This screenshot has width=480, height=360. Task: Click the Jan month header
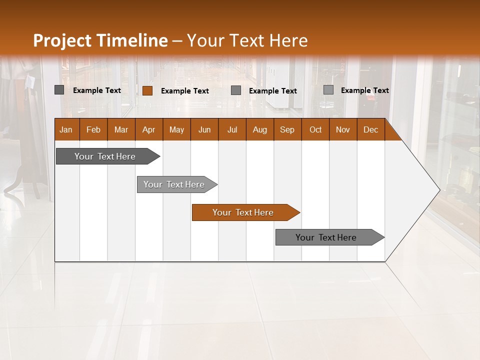click(x=66, y=129)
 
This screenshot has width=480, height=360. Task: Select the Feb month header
click(x=93, y=129)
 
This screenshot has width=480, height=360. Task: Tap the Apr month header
click(x=148, y=129)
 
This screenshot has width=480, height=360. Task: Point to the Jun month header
click(x=204, y=129)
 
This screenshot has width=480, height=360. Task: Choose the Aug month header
click(x=259, y=129)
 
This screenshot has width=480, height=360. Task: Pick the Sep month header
click(x=287, y=129)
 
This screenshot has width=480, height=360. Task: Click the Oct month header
click(x=315, y=129)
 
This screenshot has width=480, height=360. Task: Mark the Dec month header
click(x=370, y=129)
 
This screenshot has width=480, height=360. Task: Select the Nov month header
click(x=342, y=129)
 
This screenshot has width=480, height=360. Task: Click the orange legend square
click(x=147, y=90)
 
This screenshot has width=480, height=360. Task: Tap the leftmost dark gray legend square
click(x=59, y=90)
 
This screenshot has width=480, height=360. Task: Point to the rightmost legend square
click(x=328, y=90)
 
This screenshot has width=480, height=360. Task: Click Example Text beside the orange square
click(x=184, y=91)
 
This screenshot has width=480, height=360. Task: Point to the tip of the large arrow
click(x=439, y=190)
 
